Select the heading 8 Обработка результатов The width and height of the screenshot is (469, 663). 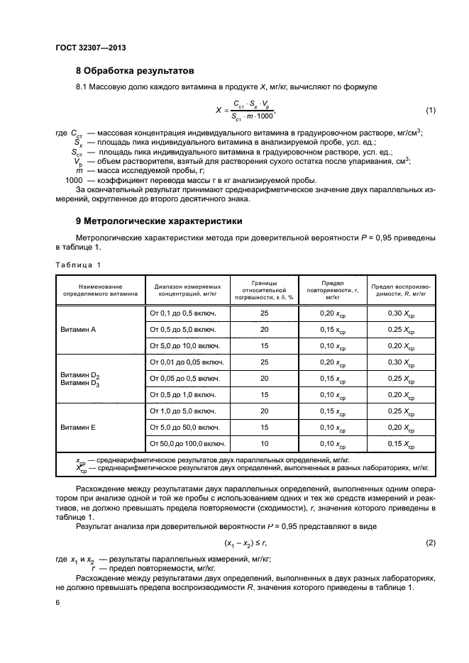click(135, 70)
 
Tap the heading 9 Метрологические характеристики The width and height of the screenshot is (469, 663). click(159, 221)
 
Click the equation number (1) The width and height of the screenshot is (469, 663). click(430, 111)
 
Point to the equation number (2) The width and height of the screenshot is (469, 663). click(430, 542)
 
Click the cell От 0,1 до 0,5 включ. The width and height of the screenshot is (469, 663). click(181, 313)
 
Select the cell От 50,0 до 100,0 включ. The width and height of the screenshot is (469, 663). click(186, 444)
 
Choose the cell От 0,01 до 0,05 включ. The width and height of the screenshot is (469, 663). click(184, 362)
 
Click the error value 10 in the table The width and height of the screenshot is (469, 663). click(265, 444)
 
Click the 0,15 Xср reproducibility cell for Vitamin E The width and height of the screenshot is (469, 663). click(401, 444)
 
